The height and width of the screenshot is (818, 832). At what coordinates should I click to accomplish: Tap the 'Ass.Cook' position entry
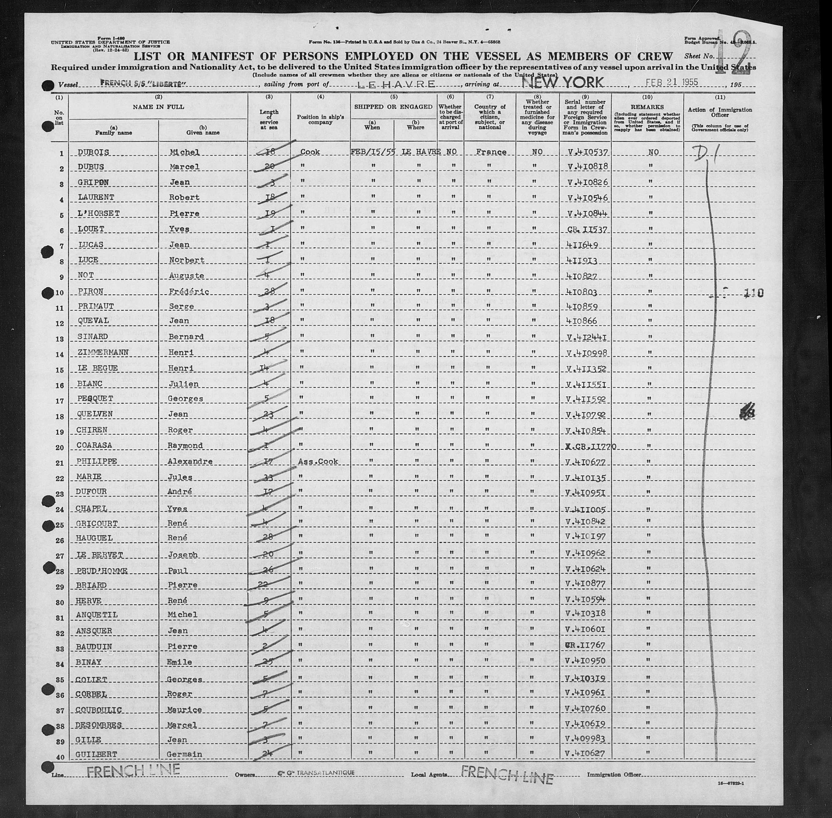[x=319, y=462]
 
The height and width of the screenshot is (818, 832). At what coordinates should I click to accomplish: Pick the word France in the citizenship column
[x=490, y=152]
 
